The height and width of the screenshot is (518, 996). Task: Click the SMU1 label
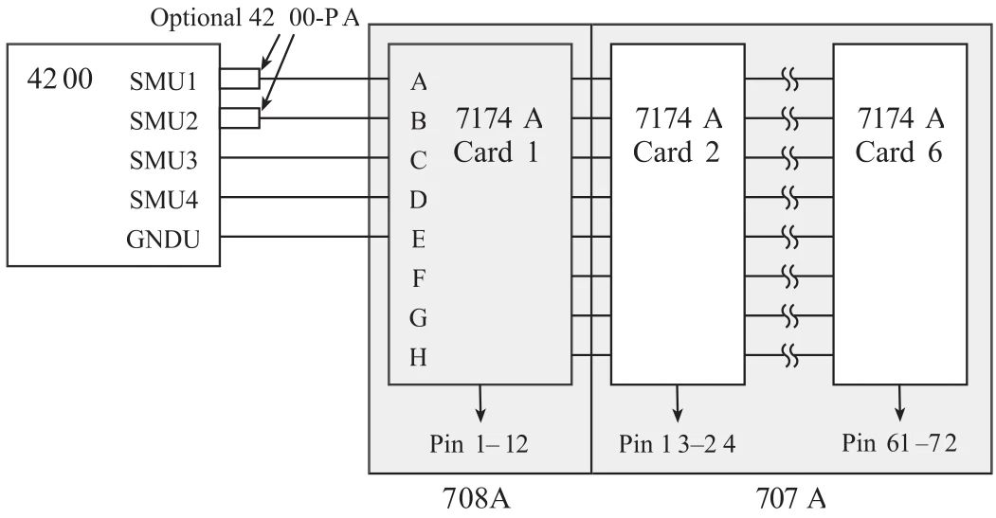click(162, 81)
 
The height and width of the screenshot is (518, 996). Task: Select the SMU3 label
click(162, 161)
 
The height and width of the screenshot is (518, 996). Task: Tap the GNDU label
click(162, 240)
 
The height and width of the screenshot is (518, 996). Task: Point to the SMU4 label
click(162, 201)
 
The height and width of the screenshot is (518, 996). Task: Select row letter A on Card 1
click(418, 82)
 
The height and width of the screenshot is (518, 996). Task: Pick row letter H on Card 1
click(418, 358)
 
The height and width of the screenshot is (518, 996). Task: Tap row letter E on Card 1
click(418, 240)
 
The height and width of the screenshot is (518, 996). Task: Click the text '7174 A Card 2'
click(677, 135)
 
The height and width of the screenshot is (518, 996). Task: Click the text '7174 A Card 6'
click(899, 135)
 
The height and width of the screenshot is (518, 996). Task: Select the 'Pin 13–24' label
click(677, 443)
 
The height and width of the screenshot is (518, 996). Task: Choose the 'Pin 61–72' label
click(899, 443)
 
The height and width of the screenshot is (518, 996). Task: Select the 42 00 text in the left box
click(60, 79)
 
